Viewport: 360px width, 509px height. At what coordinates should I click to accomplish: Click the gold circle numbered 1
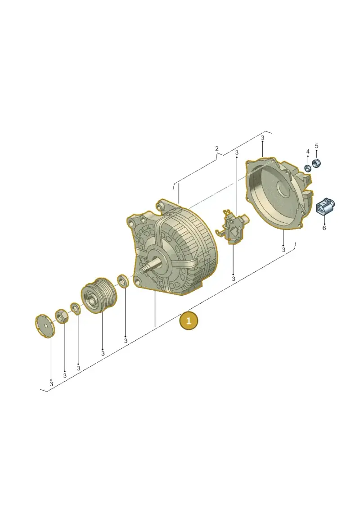(x=189, y=321)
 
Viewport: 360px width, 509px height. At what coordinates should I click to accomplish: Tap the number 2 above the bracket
(x=217, y=149)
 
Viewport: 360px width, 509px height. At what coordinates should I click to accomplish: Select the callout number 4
(x=308, y=152)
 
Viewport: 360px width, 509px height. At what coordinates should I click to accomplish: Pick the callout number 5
(x=316, y=146)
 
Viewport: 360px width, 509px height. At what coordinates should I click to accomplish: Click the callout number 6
(x=324, y=228)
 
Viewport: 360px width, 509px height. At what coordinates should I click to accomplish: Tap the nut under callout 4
(x=307, y=168)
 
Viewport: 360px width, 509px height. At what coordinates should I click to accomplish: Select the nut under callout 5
(x=316, y=163)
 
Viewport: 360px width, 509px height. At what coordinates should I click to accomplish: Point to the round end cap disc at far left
(x=45, y=326)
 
